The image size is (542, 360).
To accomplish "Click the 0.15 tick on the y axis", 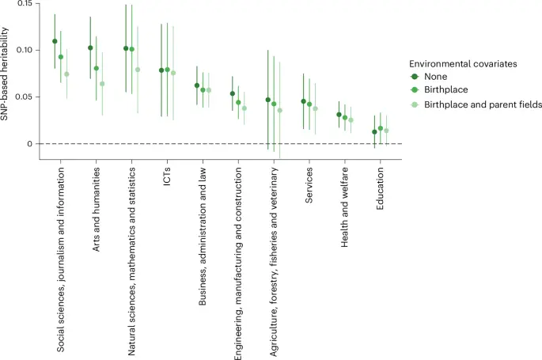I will (x=22, y=4).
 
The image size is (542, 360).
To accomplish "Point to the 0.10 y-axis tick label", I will (x=22, y=51).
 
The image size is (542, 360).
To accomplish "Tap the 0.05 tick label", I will (x=22, y=97).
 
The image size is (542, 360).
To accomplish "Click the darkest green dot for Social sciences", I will (x=55, y=41).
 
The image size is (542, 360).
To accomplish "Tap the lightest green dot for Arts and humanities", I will (x=102, y=84).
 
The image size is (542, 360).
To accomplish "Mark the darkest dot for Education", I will (x=374, y=132).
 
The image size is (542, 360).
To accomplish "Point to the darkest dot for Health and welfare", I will (x=339, y=115).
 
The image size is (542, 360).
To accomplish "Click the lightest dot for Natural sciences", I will (x=138, y=70).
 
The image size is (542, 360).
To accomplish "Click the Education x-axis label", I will (x=381, y=191).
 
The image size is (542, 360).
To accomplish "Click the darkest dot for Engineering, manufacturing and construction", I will (x=232, y=93).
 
